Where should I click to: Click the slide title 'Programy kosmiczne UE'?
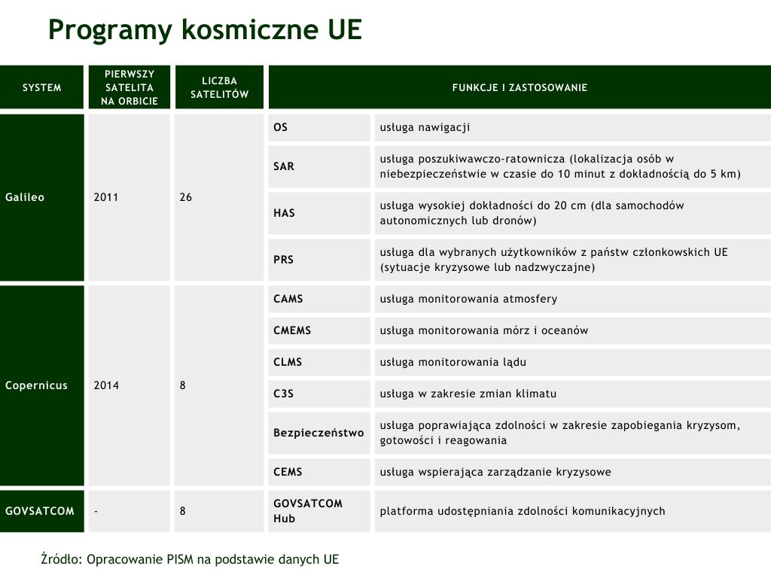205,30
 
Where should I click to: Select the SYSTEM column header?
42,88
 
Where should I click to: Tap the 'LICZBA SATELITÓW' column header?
219,88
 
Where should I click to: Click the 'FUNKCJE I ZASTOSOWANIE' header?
520,88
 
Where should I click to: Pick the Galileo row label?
26,197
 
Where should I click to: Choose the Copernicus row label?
36,385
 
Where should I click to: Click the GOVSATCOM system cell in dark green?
40,511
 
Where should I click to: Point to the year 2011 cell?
107,197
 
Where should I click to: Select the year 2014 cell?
107,385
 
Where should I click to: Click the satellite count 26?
186,197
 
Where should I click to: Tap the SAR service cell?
284,166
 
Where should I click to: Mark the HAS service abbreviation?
284,213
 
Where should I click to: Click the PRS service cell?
284,260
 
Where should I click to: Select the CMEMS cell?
292,330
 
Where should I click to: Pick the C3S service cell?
284,394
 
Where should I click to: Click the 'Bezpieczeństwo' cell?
318,433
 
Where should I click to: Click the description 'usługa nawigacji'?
425,127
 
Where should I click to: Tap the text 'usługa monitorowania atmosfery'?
468,299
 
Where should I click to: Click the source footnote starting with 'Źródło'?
190,559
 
